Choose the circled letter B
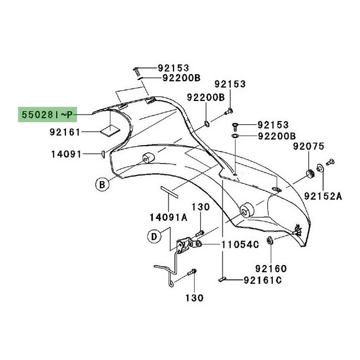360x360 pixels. coord(101,185)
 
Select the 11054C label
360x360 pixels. coord(241,245)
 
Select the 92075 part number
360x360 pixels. coord(308,146)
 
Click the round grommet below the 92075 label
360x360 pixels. coord(310,175)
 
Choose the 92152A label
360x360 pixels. coord(323,196)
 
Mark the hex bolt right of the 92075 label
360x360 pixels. coord(331,162)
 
